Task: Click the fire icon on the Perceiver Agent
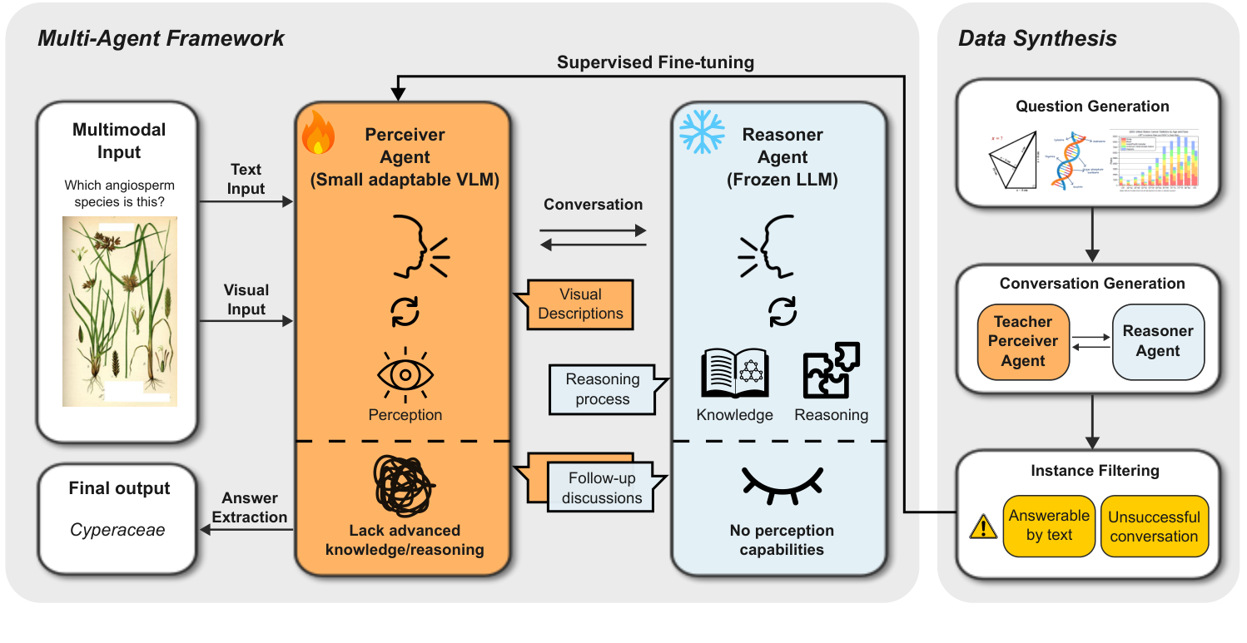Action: point(318,133)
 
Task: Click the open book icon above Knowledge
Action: point(734,375)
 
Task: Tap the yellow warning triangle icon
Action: point(984,527)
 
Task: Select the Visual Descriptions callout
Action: point(580,304)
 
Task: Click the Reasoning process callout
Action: point(603,388)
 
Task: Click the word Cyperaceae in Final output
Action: point(117,530)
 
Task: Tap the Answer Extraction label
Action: point(249,507)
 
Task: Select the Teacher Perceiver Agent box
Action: point(1023,341)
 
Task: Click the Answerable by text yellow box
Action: point(1049,526)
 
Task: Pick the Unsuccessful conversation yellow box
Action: point(1153,527)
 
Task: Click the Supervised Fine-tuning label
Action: point(656,62)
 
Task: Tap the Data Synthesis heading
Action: point(1037,38)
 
